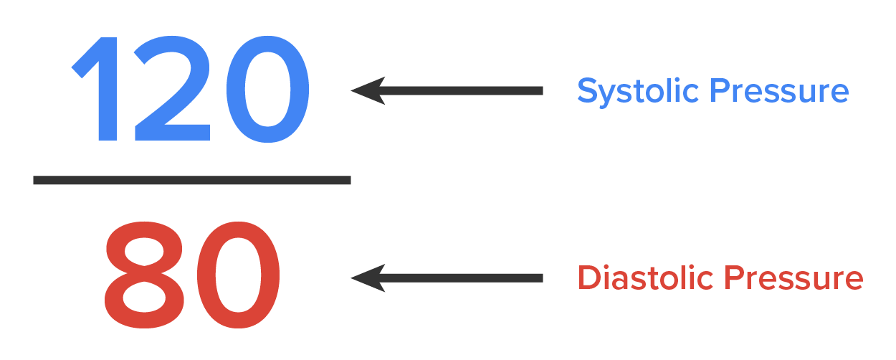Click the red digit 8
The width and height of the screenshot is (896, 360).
(146, 275)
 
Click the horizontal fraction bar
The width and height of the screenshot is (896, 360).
(191, 180)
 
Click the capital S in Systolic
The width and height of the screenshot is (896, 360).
(587, 91)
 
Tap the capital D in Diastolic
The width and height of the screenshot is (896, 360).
(588, 278)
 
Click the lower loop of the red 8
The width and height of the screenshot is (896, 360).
(146, 300)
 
